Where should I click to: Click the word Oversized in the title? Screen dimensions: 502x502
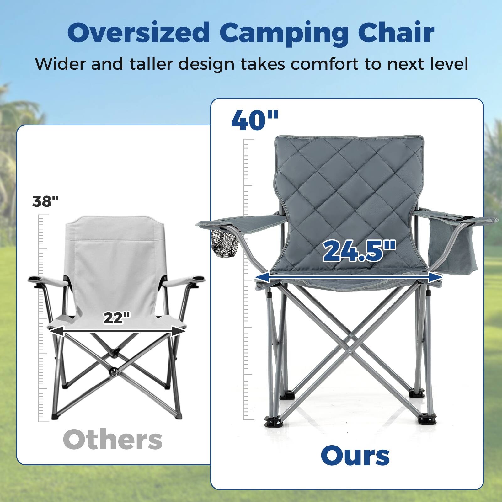point(138,32)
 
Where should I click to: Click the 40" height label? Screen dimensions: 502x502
point(254,120)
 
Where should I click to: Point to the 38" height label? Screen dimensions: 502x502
point(45,201)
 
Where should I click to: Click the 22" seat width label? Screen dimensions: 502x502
point(116,318)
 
